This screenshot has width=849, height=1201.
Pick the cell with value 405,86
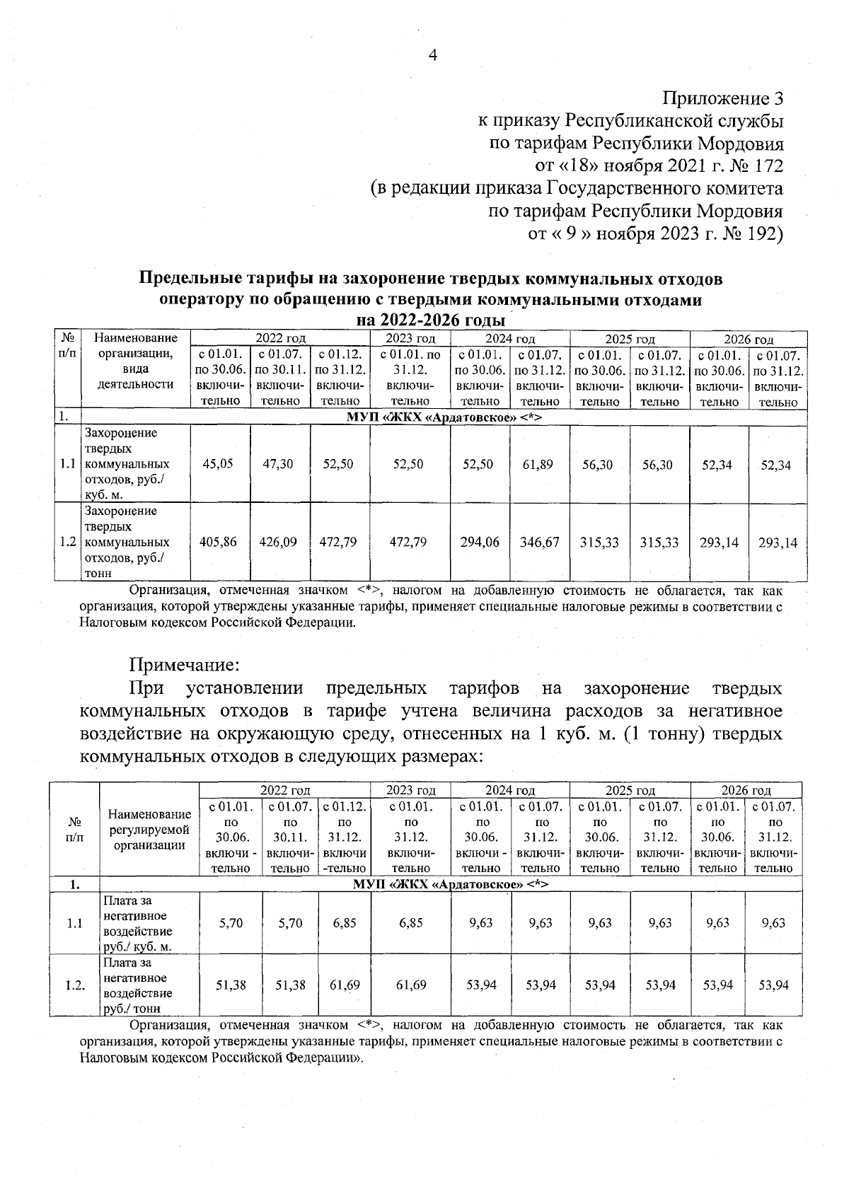point(219,542)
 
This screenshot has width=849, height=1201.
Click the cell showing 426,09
point(279,542)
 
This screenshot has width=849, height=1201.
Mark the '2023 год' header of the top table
point(410,339)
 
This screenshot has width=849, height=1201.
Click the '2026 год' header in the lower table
point(746,790)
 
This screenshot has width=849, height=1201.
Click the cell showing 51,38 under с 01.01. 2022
point(231,985)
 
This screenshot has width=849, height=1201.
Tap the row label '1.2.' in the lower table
point(74,985)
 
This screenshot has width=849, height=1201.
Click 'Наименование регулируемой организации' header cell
point(150,830)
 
